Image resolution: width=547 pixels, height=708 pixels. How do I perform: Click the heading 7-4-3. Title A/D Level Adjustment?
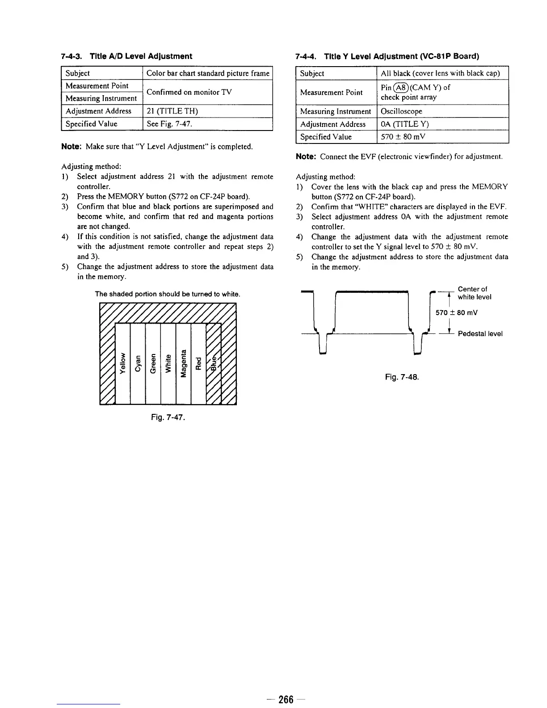pyautogui.click(x=126, y=56)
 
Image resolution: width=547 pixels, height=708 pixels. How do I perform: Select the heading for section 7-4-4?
pyautogui.click(x=387, y=56)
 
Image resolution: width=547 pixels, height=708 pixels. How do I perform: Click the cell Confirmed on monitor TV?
pyautogui.click(x=189, y=92)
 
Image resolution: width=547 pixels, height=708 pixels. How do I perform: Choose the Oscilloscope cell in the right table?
pyautogui.click(x=401, y=111)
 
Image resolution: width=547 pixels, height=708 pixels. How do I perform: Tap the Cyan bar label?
pyautogui.click(x=138, y=362)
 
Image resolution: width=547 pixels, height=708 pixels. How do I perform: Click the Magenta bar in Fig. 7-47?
pyautogui.click(x=183, y=362)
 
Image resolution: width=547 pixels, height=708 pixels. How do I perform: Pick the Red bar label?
pyautogui.click(x=198, y=362)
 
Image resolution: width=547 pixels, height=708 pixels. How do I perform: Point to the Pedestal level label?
pyautogui.click(x=480, y=333)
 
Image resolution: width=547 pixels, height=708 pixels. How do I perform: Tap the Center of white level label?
pyautogui.click(x=474, y=293)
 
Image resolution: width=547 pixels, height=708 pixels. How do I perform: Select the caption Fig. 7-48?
pyautogui.click(x=402, y=377)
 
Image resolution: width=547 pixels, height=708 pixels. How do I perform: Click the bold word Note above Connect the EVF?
pyautogui.click(x=306, y=157)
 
